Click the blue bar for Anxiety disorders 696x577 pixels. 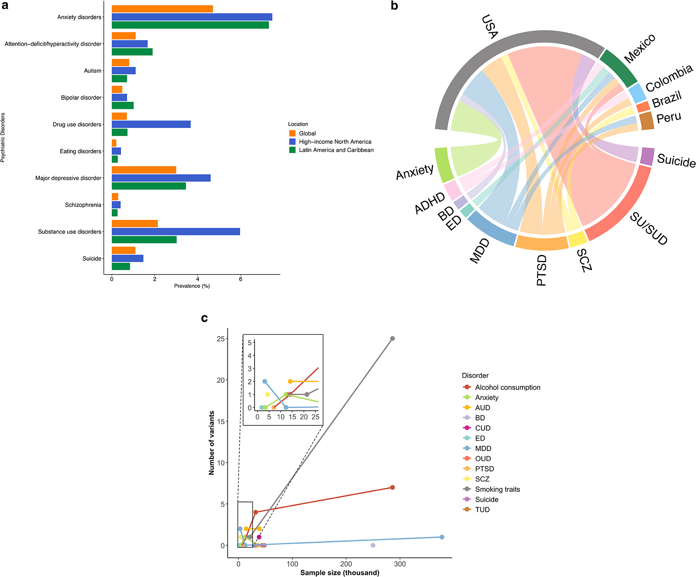click(x=192, y=17)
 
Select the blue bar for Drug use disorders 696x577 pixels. click(x=151, y=124)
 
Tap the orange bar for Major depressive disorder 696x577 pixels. click(x=144, y=170)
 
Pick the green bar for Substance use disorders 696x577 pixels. click(x=144, y=240)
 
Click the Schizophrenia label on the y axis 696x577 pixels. click(x=83, y=205)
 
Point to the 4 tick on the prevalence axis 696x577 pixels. click(x=198, y=279)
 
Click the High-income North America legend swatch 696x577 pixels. click(x=292, y=142)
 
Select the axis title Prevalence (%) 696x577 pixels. click(x=192, y=286)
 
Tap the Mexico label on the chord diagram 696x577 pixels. click(x=640, y=48)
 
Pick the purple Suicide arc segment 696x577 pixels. click(x=647, y=157)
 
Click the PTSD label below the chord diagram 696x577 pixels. click(x=542, y=270)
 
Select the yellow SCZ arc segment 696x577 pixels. click(x=578, y=239)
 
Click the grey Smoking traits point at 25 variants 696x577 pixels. click(x=392, y=339)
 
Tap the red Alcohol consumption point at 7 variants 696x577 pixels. click(x=392, y=487)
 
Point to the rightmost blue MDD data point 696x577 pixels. click(x=442, y=537)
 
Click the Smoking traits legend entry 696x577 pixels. click(x=497, y=489)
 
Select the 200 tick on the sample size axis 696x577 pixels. click(x=346, y=564)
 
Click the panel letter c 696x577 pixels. click(x=205, y=318)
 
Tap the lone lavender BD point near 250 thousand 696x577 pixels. click(x=373, y=545)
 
